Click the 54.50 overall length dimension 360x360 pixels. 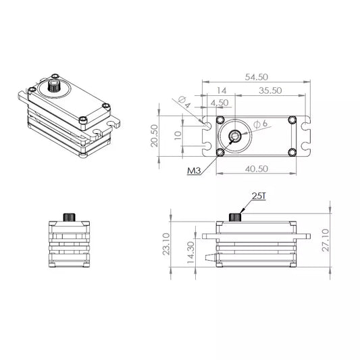[257, 77]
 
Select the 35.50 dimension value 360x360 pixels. [270, 91]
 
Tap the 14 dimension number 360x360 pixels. [222, 91]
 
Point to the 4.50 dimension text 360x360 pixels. [220, 103]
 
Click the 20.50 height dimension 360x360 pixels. [154, 136]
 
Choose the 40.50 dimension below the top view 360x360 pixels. [257, 169]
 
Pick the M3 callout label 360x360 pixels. [194, 171]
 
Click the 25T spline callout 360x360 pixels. [259, 196]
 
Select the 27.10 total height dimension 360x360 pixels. [326, 240]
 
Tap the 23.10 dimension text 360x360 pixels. [166, 244]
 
